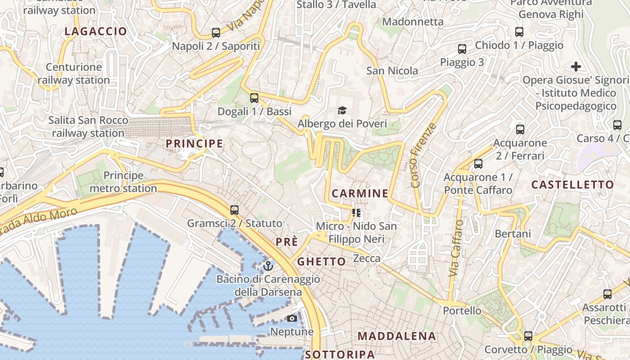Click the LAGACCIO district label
pos(96,31)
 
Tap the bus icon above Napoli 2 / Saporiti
pos(216,32)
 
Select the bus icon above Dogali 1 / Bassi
pos(254,98)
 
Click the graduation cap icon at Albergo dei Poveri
pos(342,110)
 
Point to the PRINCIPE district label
pos(194,144)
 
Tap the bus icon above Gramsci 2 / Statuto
pos(234,210)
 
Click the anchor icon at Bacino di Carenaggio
pos(268,265)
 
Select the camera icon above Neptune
pos(292,319)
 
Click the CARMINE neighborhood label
pos(360,193)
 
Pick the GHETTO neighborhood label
pos(322,261)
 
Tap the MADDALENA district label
pos(396,336)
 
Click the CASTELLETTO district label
pos(572,184)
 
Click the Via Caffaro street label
pos(456,248)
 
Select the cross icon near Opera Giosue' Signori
pos(576,67)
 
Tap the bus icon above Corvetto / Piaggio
pos(528,336)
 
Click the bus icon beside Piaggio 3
pos(462,49)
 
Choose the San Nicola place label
pos(392,71)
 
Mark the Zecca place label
pos(367,259)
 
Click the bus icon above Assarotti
pos(607,294)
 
